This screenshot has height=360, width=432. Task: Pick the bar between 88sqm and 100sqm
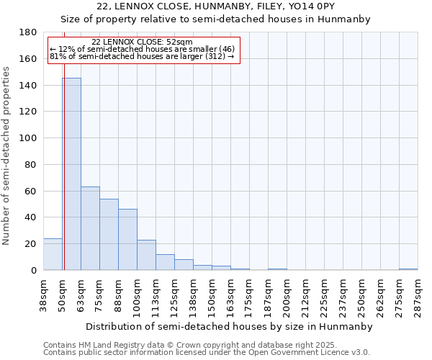tap(127, 240)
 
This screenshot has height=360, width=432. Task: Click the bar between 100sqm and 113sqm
tap(146, 255)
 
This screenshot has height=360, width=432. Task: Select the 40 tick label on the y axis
tap(32, 217)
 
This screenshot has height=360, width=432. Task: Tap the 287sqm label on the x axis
tap(418, 295)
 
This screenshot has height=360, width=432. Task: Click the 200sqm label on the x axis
tap(287, 295)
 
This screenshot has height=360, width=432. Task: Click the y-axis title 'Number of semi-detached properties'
tap(6, 156)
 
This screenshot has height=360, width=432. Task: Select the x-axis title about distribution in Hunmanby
tap(228, 326)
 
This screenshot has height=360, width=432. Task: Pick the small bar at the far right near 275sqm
tap(408, 269)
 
